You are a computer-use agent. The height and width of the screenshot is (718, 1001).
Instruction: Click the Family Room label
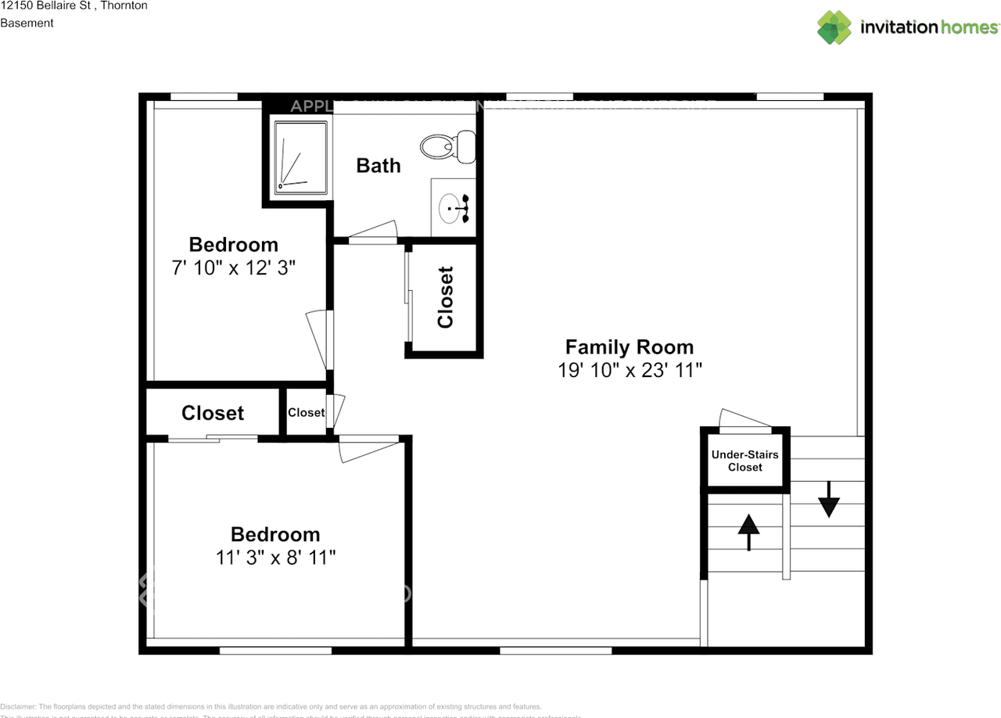click(629, 346)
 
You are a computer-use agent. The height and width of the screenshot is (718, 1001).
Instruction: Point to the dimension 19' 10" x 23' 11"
click(630, 371)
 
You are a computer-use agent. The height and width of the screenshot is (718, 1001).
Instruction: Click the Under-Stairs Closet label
click(744, 461)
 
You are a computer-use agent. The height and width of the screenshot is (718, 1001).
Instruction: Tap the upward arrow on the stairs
click(748, 532)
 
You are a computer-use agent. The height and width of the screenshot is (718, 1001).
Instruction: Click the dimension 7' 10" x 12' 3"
click(233, 268)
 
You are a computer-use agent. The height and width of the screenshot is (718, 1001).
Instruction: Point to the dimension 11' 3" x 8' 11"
click(275, 558)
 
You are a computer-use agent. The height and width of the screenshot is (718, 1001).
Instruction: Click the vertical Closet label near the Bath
click(445, 298)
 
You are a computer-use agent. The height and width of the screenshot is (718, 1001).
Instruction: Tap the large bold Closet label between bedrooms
click(213, 412)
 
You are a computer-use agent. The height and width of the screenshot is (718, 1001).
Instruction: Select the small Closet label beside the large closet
click(306, 412)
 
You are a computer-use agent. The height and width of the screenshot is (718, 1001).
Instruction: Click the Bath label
click(379, 165)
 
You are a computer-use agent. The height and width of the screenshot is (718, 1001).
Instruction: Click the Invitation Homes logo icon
click(834, 27)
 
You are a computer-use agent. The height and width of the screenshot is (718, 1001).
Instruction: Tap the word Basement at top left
click(27, 23)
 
